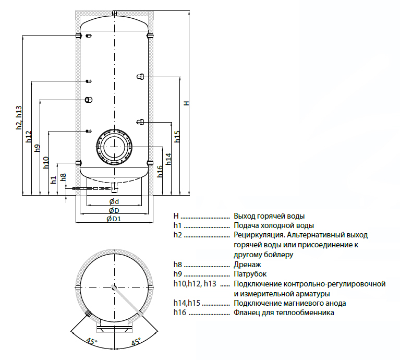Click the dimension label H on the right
pyautogui.click(x=186, y=103)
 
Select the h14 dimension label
pyautogui.click(x=168, y=159)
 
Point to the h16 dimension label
pyautogui.click(x=160, y=170)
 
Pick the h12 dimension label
pyautogui.click(x=29, y=137)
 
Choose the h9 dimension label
pyautogui.click(x=37, y=148)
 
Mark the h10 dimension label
pyautogui.click(x=45, y=163)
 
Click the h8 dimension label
pyautogui.click(x=63, y=177)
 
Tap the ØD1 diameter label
pyautogui.click(x=114, y=219)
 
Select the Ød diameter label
pyautogui.click(x=114, y=202)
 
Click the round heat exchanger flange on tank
pyautogui.click(x=114, y=146)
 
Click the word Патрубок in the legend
pyautogui.click(x=250, y=274)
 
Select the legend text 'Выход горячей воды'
pyautogui.click(x=269, y=215)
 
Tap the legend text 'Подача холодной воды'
pyautogui.click(x=273, y=225)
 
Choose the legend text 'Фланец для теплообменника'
pyautogui.click(x=284, y=313)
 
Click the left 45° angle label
pyautogui.click(x=91, y=342)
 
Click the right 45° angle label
pyautogui.click(x=136, y=342)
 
